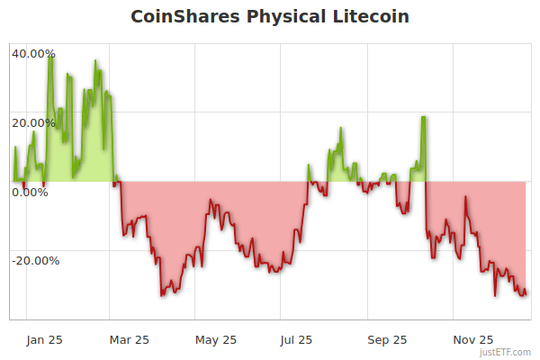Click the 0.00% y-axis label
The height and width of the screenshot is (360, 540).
(30, 192)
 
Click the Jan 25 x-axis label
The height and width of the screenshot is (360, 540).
(44, 339)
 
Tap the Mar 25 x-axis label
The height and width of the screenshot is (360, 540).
(130, 339)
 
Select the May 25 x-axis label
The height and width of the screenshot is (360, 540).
(216, 339)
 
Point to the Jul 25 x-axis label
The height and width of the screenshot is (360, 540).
(297, 339)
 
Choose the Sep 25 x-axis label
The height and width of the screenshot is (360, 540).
(388, 339)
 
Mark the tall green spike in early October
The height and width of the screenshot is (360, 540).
(423, 118)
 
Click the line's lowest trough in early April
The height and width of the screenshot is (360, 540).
(162, 294)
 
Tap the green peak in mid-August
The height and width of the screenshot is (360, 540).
(340, 129)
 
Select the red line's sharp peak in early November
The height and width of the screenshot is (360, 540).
(465, 196)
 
